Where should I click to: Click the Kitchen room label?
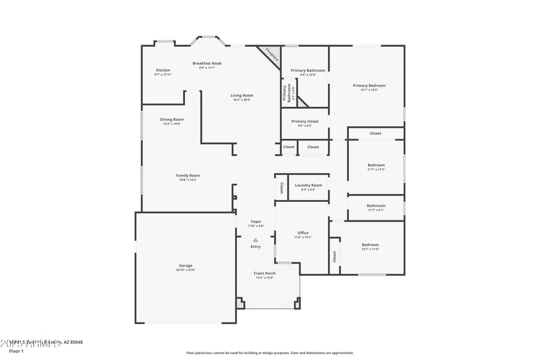tap(163, 70)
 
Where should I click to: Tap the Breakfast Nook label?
tap(207, 63)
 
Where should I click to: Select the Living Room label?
tap(242, 96)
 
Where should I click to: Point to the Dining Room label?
tap(172, 120)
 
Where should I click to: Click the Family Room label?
tap(188, 176)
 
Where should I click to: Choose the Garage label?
tap(186, 265)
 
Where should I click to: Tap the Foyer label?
tap(256, 222)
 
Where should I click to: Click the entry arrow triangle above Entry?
tap(255, 240)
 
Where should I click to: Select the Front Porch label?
tap(265, 274)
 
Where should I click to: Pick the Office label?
tap(302, 233)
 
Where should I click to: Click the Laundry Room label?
tap(308, 185)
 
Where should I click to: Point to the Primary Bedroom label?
tap(369, 86)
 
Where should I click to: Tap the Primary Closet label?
tap(304, 122)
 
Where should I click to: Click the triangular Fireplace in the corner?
tap(271, 55)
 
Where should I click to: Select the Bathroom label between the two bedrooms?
tap(376, 206)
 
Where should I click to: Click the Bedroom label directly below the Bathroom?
tap(370, 245)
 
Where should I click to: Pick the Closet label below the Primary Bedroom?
tap(375, 133)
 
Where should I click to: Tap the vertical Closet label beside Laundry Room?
tap(281, 188)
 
